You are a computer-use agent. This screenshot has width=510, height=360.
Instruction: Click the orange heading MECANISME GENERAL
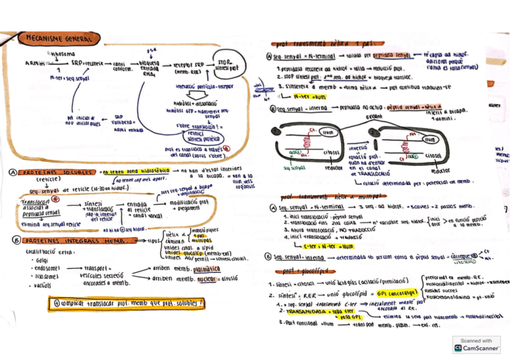[x=58, y=38]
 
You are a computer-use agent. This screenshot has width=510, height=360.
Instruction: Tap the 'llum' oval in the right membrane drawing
[x=428, y=139]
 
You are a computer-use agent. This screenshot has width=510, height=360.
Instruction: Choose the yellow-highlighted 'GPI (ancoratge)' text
[x=389, y=295]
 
